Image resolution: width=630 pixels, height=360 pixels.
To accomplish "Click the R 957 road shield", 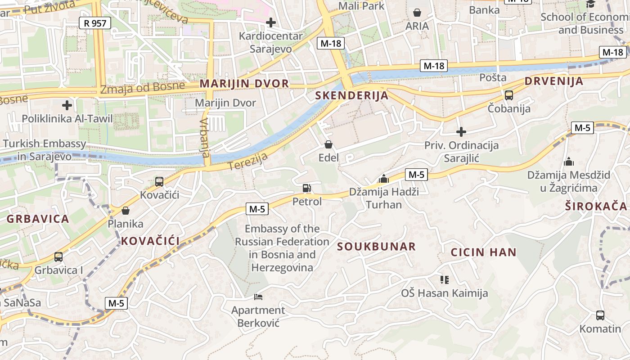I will [x=94, y=23].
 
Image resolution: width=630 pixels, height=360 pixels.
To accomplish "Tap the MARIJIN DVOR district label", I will [x=244, y=84].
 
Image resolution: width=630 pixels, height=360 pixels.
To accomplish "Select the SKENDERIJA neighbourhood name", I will [x=351, y=95].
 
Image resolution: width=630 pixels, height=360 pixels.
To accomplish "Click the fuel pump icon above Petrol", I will [x=307, y=188].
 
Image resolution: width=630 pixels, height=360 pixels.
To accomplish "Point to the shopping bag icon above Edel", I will [x=328, y=144].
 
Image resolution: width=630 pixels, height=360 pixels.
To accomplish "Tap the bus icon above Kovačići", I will [x=159, y=182].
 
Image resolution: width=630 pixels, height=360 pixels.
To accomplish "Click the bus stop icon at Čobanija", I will [x=509, y=95].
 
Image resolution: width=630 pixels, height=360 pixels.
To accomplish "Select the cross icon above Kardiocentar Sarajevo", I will [x=271, y=22].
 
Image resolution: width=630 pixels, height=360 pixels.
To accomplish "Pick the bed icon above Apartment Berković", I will [x=258, y=297].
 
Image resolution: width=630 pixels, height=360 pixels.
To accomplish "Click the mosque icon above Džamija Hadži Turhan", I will [x=384, y=179].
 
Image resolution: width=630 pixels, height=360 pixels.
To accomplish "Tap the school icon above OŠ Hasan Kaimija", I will [x=445, y=280].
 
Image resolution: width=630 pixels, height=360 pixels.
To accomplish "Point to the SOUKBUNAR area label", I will [x=376, y=247].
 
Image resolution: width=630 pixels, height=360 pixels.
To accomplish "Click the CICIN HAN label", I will [x=483, y=252].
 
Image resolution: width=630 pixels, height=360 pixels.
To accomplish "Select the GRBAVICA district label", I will [x=38, y=219].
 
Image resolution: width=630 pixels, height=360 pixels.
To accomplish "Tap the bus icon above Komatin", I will [x=600, y=315].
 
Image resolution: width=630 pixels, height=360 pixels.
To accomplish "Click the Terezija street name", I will [x=247, y=162].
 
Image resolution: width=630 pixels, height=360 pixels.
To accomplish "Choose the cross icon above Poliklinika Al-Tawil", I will [x=67, y=106].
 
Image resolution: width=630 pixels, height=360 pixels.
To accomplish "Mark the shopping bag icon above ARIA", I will [x=417, y=13].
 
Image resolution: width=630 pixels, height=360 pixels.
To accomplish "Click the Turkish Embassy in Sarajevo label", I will [x=45, y=150].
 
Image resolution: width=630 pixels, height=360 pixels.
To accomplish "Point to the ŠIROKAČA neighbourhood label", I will [x=596, y=206].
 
